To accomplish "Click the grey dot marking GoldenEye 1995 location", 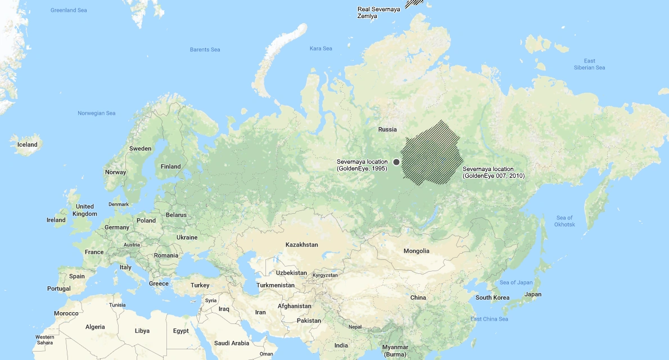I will (x=396, y=162).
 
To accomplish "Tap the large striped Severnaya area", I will (x=432, y=153).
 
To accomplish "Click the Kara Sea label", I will (x=320, y=48).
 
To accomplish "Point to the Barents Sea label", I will (x=205, y=49).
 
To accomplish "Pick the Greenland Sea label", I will (x=69, y=10).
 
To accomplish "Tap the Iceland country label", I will (x=28, y=145).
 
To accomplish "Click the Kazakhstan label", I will (x=302, y=245).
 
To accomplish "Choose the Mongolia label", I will (x=416, y=251).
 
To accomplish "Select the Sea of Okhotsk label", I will (x=565, y=221).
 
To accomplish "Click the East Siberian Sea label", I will (x=589, y=64).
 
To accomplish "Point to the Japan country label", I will (x=532, y=294).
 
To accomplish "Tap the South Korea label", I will (x=492, y=298).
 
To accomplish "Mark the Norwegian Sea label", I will (x=97, y=113).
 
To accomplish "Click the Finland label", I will (x=171, y=166).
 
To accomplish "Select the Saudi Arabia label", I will (x=232, y=343).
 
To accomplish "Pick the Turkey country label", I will (x=200, y=285).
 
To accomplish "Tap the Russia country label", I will (x=387, y=129).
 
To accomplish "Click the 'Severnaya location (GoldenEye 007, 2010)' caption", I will (x=493, y=172).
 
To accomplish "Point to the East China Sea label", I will (x=489, y=319).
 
